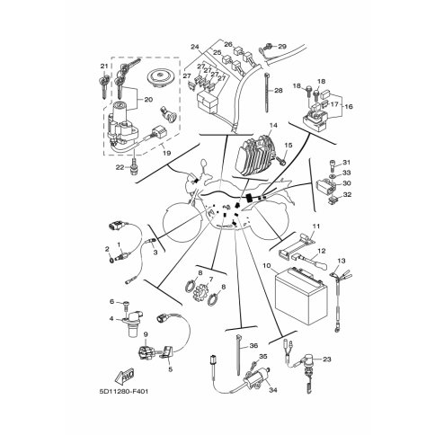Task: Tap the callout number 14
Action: pyautogui.click(x=273, y=125)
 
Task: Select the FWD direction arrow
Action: pyautogui.click(x=124, y=376)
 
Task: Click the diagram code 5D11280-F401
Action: pyautogui.click(x=124, y=392)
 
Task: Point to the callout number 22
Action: pyautogui.click(x=120, y=168)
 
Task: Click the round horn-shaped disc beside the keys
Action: pyautogui.click(x=161, y=76)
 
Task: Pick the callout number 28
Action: pyautogui.click(x=279, y=90)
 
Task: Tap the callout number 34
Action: pyautogui.click(x=273, y=390)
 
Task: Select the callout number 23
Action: pyautogui.click(x=327, y=359)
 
